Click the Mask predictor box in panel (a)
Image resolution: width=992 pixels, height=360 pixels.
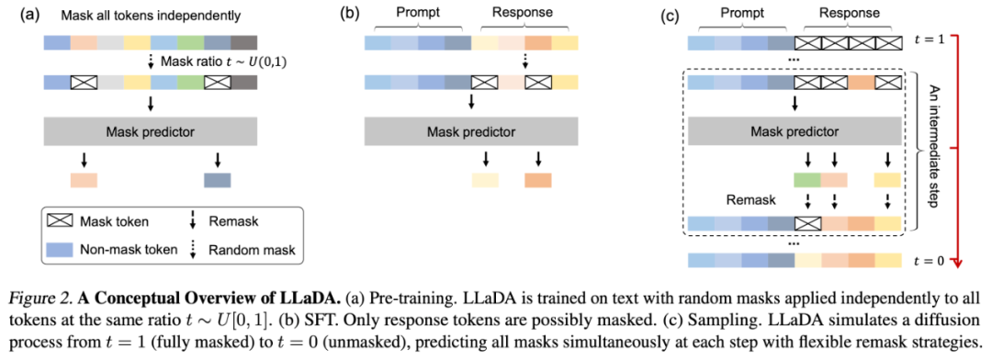tap(150, 132)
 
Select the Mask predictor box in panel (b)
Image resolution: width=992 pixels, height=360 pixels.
tap(470, 132)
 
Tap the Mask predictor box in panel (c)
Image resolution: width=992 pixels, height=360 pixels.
tap(794, 132)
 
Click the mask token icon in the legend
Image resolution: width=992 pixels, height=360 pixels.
tap(60, 221)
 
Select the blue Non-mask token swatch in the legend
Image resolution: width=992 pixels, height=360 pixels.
tap(60, 250)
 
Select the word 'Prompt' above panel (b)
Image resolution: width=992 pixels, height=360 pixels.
tap(416, 12)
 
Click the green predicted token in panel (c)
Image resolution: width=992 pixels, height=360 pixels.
tap(807, 180)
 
